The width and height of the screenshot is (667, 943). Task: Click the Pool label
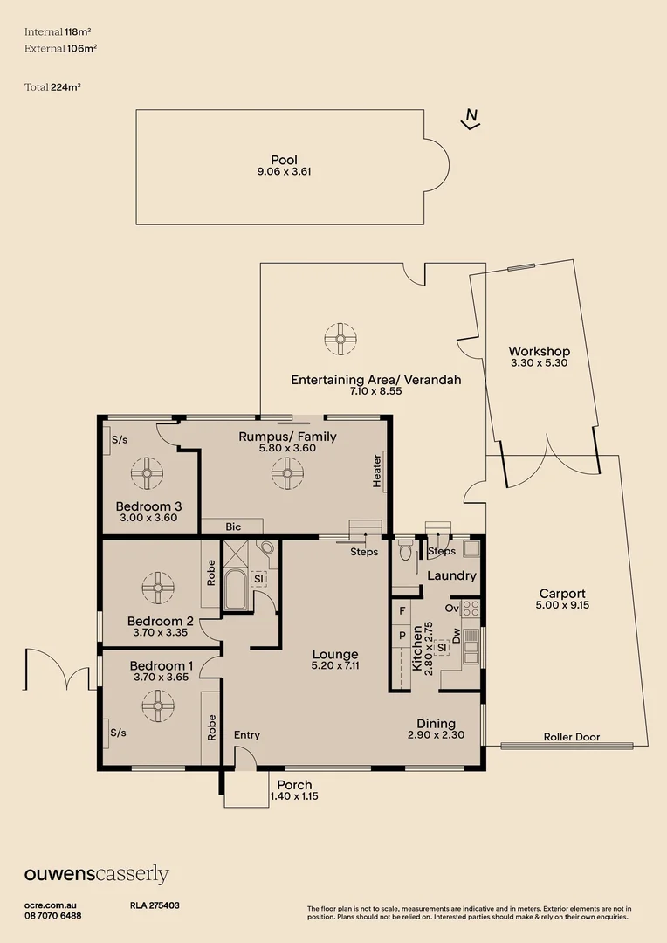284,160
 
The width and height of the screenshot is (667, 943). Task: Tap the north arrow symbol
471,119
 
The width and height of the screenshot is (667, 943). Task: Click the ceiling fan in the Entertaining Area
340,338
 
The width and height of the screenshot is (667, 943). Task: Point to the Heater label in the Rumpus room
377,471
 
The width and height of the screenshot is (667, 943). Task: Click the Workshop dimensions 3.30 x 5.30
539,362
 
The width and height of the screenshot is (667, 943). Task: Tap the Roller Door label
571,737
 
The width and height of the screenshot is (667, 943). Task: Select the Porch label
294,785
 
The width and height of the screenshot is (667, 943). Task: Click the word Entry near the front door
247,735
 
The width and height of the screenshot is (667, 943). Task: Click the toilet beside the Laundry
404,552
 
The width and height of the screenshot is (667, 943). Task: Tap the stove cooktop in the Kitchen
471,607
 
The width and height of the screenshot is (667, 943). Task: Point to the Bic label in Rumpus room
233,527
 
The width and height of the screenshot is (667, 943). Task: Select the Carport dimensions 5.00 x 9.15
561,604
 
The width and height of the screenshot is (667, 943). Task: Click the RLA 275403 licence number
148,905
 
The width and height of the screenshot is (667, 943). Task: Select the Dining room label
436,723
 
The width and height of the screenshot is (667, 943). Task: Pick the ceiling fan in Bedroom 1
158,704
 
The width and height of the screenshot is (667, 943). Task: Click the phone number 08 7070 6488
53,915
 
